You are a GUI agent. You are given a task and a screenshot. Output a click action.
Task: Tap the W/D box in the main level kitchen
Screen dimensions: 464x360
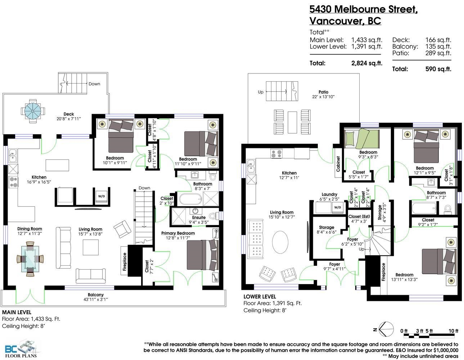click(102, 196)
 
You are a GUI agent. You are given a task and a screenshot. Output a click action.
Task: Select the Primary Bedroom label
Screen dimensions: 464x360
click(178, 233)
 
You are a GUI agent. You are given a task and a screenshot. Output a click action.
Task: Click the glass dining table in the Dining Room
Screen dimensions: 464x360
click(30, 259)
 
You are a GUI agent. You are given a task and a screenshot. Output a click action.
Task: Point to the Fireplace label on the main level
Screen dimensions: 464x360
click(125, 262)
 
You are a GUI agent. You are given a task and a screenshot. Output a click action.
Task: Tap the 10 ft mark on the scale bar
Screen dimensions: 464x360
click(453, 331)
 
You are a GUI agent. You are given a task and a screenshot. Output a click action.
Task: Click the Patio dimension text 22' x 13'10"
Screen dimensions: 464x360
click(323, 97)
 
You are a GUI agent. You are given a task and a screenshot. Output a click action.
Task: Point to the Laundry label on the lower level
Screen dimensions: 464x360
click(329, 194)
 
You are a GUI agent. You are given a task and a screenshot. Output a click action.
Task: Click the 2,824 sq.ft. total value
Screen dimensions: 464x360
click(367, 63)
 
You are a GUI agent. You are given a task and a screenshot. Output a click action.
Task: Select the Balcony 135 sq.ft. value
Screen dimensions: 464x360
click(438, 46)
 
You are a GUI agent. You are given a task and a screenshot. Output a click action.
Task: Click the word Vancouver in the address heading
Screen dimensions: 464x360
click(335, 21)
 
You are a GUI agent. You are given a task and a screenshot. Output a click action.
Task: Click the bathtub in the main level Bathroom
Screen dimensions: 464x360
click(190, 199)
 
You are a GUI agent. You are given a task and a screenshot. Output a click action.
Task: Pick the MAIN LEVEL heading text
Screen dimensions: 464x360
click(17, 312)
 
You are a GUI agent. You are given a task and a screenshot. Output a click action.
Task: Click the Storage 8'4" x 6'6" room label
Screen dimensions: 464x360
click(326, 230)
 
